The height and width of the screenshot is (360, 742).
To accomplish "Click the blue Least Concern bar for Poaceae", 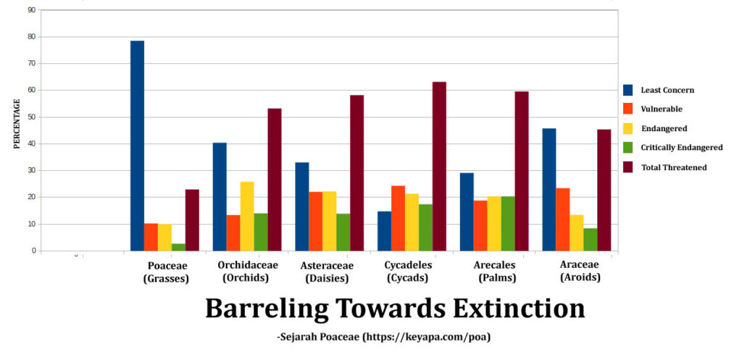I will click(x=137, y=146).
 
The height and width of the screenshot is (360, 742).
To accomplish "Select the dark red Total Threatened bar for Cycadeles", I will click(x=439, y=166).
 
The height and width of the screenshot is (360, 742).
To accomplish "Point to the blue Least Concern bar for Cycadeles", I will click(x=384, y=231).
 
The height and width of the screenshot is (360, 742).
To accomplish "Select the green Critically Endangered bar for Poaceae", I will click(x=178, y=247).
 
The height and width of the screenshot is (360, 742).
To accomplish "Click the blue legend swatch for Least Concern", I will click(x=628, y=90).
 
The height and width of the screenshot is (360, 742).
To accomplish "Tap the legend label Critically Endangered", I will click(x=681, y=148).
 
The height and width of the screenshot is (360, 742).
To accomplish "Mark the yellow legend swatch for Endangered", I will click(x=628, y=129).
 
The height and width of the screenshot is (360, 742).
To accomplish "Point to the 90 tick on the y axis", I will click(x=30, y=10).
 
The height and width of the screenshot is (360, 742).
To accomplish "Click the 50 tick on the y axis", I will click(x=30, y=117).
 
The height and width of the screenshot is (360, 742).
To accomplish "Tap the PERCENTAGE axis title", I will click(x=17, y=124).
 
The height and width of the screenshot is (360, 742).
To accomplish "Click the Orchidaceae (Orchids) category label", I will click(x=247, y=271).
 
